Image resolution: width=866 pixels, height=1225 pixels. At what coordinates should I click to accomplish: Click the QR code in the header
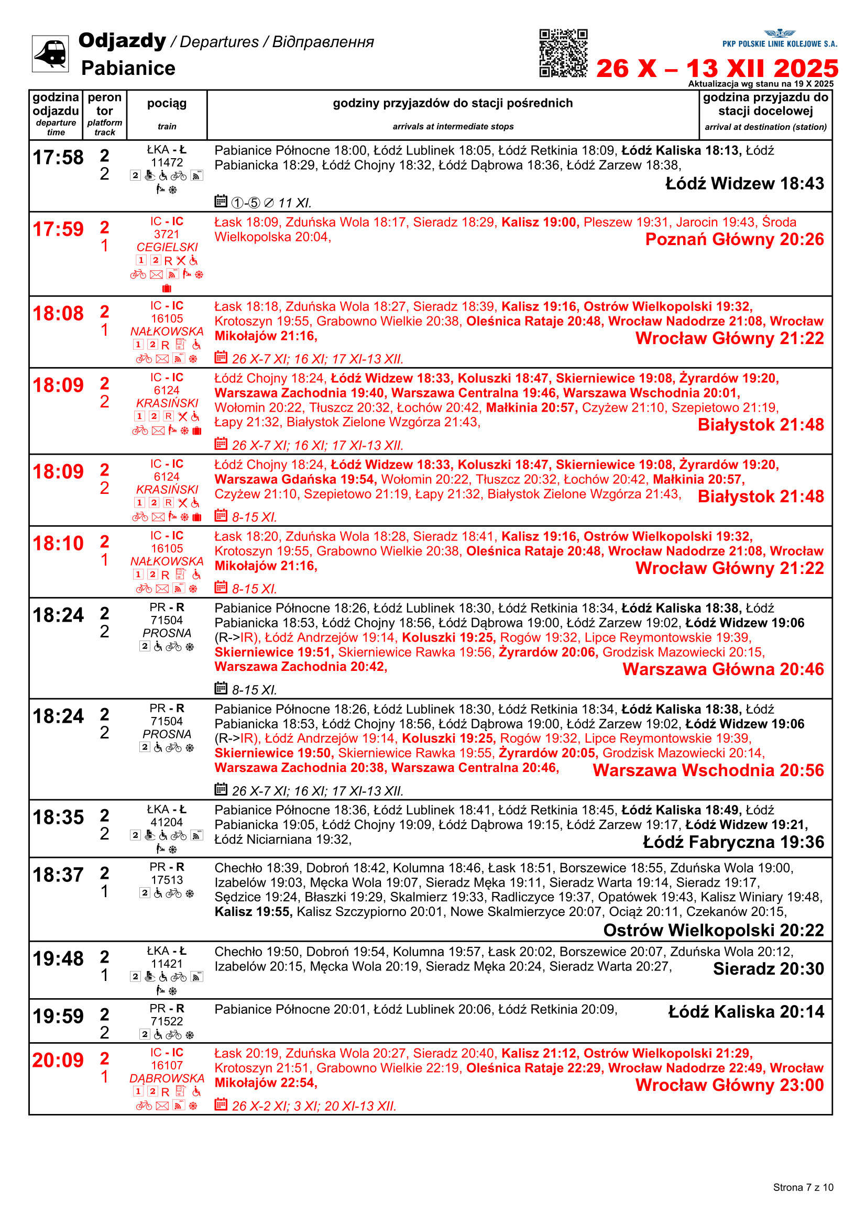[x=563, y=53]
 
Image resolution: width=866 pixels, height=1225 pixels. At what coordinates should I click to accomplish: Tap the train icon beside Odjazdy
[x=50, y=53]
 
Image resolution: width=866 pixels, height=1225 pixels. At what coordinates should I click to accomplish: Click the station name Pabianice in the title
[x=128, y=68]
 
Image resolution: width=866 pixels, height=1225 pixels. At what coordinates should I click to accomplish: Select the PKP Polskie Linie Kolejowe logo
[x=780, y=39]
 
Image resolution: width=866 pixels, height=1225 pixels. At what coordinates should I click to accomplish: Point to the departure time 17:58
[x=58, y=158]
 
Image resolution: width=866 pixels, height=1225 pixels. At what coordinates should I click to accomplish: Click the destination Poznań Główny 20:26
[x=734, y=239]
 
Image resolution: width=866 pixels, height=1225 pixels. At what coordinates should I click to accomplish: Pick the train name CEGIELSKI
[x=167, y=247]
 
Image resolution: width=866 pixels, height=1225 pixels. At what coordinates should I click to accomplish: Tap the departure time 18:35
[x=58, y=818]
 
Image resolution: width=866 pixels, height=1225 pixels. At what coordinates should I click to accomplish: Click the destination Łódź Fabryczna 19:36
[x=733, y=842]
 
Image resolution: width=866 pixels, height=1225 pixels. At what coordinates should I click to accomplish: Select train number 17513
[x=167, y=880]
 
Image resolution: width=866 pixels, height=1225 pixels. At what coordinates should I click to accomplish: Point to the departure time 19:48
[x=58, y=959]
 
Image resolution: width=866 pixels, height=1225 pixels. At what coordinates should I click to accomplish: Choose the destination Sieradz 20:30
[x=769, y=968]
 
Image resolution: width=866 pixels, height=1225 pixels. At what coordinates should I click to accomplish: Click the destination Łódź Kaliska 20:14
[x=746, y=1012]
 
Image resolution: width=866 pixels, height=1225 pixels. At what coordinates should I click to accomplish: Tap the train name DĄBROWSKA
[x=167, y=1078]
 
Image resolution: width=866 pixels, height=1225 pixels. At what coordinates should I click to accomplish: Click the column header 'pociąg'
[x=167, y=104]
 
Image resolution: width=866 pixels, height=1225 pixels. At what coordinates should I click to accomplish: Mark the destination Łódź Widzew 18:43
[x=744, y=183]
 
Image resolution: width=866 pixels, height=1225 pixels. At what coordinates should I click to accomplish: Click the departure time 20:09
[x=58, y=1060]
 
